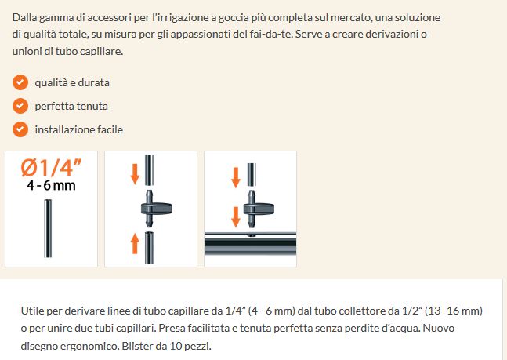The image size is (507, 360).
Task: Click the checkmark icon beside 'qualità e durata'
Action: [20, 82]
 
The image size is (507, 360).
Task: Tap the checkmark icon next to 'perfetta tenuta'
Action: [20, 105]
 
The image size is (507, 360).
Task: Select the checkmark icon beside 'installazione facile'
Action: [20, 129]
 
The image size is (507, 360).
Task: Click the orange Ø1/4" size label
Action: [51, 168]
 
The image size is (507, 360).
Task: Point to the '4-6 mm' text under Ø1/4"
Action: [51, 186]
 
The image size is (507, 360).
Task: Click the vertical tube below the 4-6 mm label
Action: [49, 227]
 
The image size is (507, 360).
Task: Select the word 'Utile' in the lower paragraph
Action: [35, 311]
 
